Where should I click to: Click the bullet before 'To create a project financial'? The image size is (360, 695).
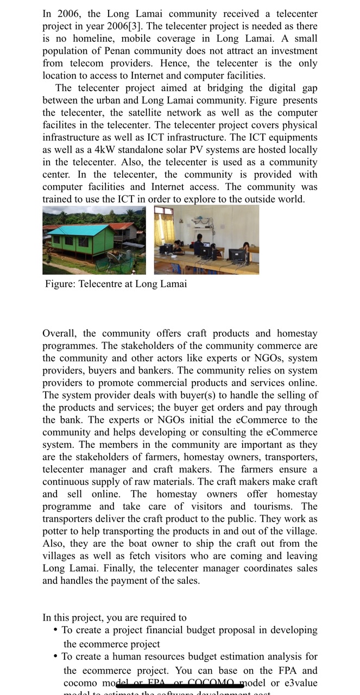(x=56, y=630)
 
